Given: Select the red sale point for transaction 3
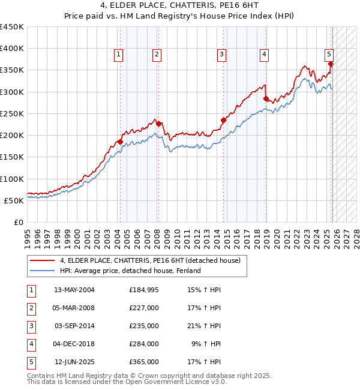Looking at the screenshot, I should coord(223,120).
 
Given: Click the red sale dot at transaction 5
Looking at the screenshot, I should coord(331,64).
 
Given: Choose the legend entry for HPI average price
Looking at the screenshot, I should coord(130,271).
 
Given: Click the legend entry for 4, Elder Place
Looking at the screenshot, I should coord(150,260).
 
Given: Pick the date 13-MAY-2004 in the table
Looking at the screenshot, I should coord(74,290).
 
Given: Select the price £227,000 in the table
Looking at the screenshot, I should coord(143,308).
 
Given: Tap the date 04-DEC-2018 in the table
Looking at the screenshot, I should coord(74,344).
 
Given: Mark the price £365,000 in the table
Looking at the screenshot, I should coord(143,362).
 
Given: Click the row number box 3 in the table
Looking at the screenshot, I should coord(31,326).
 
